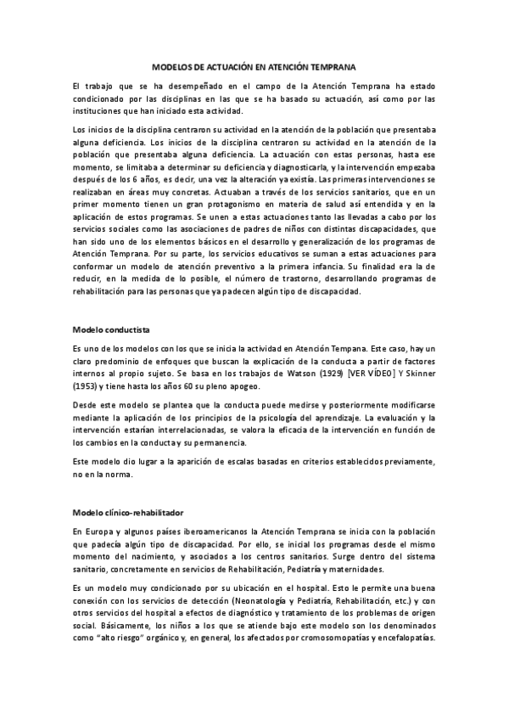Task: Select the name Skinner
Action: coord(416,373)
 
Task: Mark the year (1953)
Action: coord(88,385)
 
